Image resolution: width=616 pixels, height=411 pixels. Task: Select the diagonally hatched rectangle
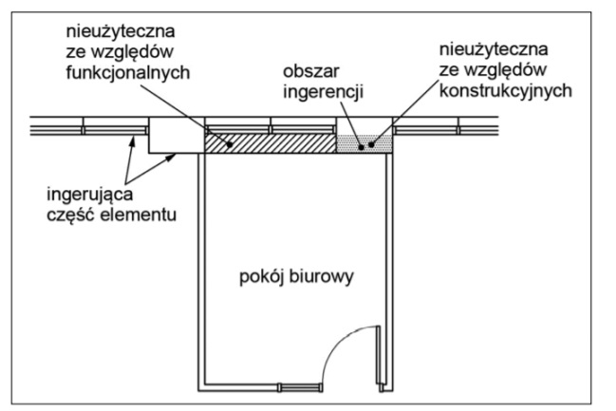[271, 141]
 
